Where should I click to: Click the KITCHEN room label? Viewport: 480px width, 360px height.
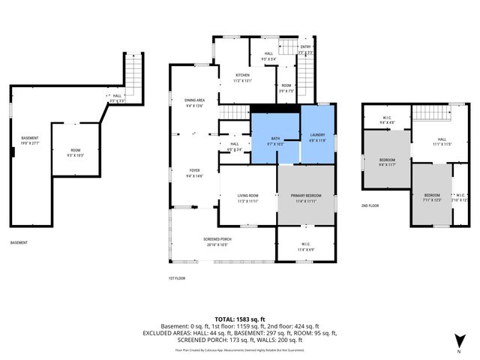(243, 77)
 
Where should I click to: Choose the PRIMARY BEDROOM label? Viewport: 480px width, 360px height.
(305, 198)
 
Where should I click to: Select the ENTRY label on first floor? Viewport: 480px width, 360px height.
(305, 49)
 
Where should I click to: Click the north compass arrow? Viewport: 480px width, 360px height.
(458, 341)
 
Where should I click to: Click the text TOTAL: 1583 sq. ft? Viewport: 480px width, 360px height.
(239, 319)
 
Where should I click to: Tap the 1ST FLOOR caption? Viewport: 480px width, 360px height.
(176, 277)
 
